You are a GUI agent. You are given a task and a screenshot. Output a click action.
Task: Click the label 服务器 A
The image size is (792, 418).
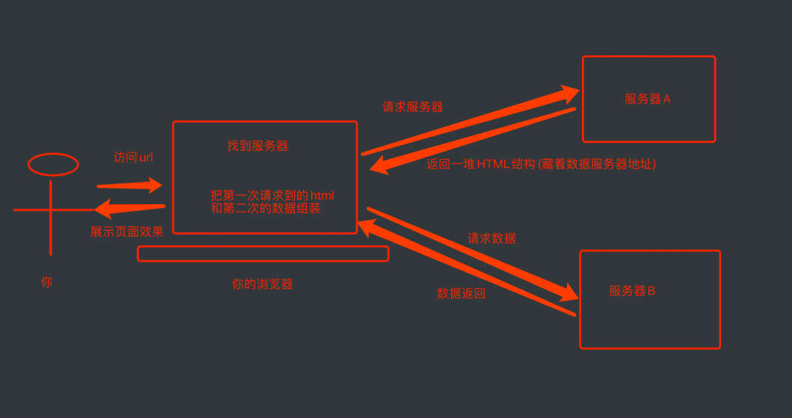coord(647,99)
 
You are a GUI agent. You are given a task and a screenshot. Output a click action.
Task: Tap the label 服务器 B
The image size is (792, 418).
coord(632,291)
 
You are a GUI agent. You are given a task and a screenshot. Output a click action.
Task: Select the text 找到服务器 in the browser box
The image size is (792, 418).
coord(257,146)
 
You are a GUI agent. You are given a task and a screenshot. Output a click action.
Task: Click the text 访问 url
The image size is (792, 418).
coord(133,158)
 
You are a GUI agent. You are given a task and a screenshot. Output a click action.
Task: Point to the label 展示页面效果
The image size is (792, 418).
coord(126,232)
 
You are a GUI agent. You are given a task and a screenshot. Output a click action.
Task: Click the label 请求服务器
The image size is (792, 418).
coord(413,107)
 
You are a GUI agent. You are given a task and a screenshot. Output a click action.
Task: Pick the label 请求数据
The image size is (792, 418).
coord(491,238)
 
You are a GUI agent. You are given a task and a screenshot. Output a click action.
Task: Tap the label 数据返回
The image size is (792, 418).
coord(461,294)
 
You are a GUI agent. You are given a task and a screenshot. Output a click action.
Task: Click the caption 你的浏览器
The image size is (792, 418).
coord(262,284)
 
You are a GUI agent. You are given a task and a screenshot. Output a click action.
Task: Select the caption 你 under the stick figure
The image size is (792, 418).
coord(47,282)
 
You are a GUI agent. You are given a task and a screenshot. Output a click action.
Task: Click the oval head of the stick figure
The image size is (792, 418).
coord(53,164)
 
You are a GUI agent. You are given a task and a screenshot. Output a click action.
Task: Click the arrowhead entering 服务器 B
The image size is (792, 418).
coord(568,292)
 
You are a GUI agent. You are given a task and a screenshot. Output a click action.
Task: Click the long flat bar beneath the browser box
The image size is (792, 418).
coord(263,254)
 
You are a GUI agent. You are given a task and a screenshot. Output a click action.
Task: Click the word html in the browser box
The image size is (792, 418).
coord(322,196)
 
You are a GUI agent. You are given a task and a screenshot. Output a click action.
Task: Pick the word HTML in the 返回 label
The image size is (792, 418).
coord(493,164)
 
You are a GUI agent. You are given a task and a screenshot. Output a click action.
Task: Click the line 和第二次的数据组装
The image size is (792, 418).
coord(265,209)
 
